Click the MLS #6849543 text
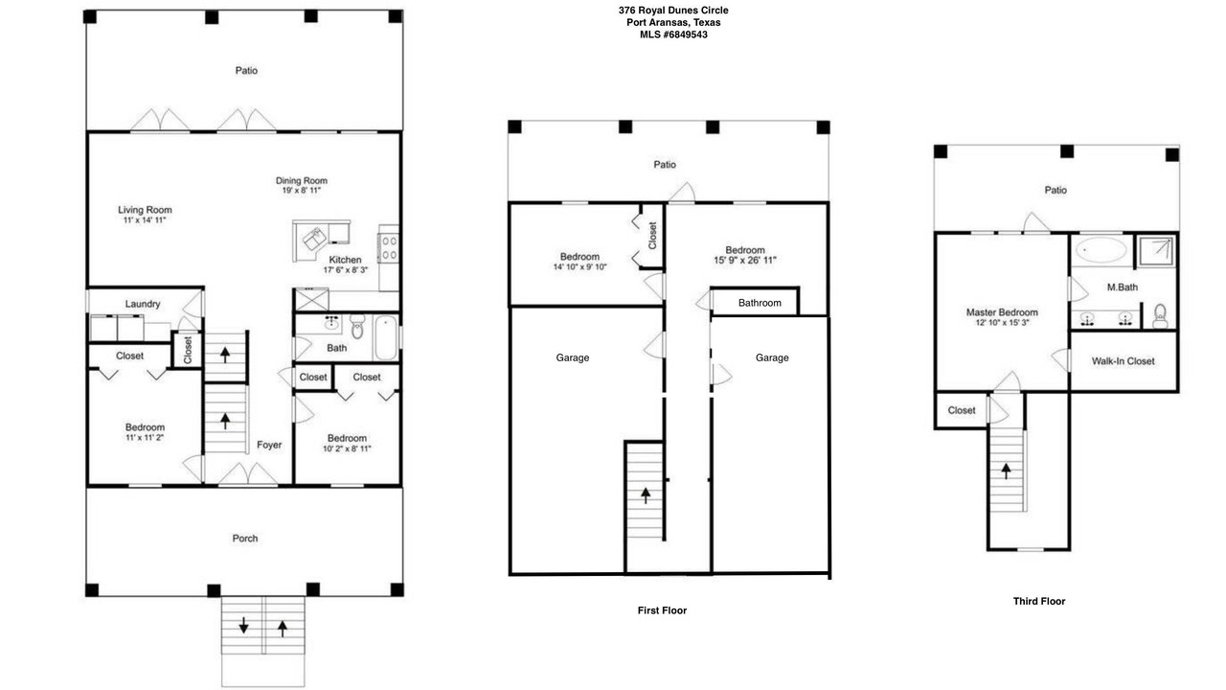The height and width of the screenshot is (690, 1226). click(x=673, y=34)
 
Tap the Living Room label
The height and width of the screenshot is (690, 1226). click(x=145, y=210)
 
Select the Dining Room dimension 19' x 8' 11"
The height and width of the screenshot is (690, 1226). click(x=301, y=191)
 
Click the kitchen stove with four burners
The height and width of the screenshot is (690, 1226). click(x=390, y=248)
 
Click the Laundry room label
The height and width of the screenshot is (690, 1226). click(x=143, y=304)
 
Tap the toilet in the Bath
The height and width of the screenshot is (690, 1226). click(x=357, y=327)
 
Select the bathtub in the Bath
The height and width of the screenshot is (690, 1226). click(x=386, y=337)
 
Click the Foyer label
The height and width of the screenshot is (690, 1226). click(x=269, y=446)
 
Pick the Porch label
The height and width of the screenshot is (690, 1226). click(x=244, y=539)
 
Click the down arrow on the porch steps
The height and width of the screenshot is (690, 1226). click(x=243, y=626)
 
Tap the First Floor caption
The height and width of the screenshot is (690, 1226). click(x=662, y=610)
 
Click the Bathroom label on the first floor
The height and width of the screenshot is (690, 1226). click(x=760, y=303)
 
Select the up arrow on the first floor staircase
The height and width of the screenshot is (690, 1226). click(x=646, y=495)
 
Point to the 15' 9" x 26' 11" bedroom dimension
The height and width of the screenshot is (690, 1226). click(x=745, y=260)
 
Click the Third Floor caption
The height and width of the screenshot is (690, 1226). click(x=1039, y=601)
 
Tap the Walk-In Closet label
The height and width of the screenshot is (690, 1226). click(x=1124, y=361)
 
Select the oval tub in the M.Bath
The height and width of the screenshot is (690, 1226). click(x=1101, y=250)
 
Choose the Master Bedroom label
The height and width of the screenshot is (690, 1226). click(x=1002, y=312)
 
